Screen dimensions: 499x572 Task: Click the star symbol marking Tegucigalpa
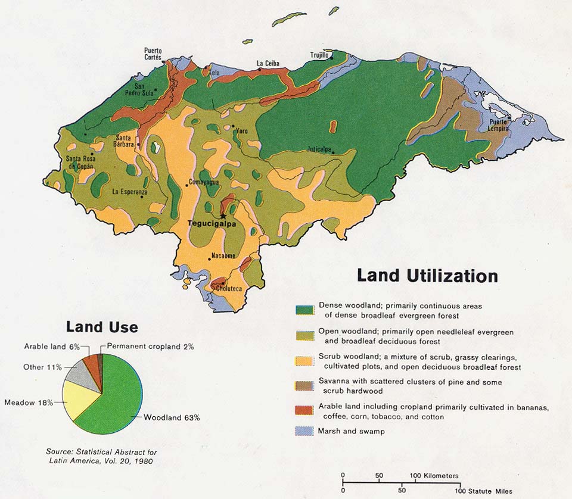tap(223, 216)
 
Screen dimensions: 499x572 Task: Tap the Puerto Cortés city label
tap(153, 54)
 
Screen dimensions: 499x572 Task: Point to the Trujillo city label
tap(319, 55)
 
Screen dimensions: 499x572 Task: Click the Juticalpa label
tap(318, 148)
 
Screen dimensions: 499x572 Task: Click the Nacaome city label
tap(223, 256)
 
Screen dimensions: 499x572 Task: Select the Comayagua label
tap(204, 182)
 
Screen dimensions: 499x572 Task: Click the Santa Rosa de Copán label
tap(80, 162)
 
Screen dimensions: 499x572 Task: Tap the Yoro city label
tap(241, 131)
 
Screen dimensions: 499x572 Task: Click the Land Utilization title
tap(427, 276)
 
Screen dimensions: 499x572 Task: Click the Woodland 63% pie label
tap(172, 417)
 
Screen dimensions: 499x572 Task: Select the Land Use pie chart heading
tap(102, 327)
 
